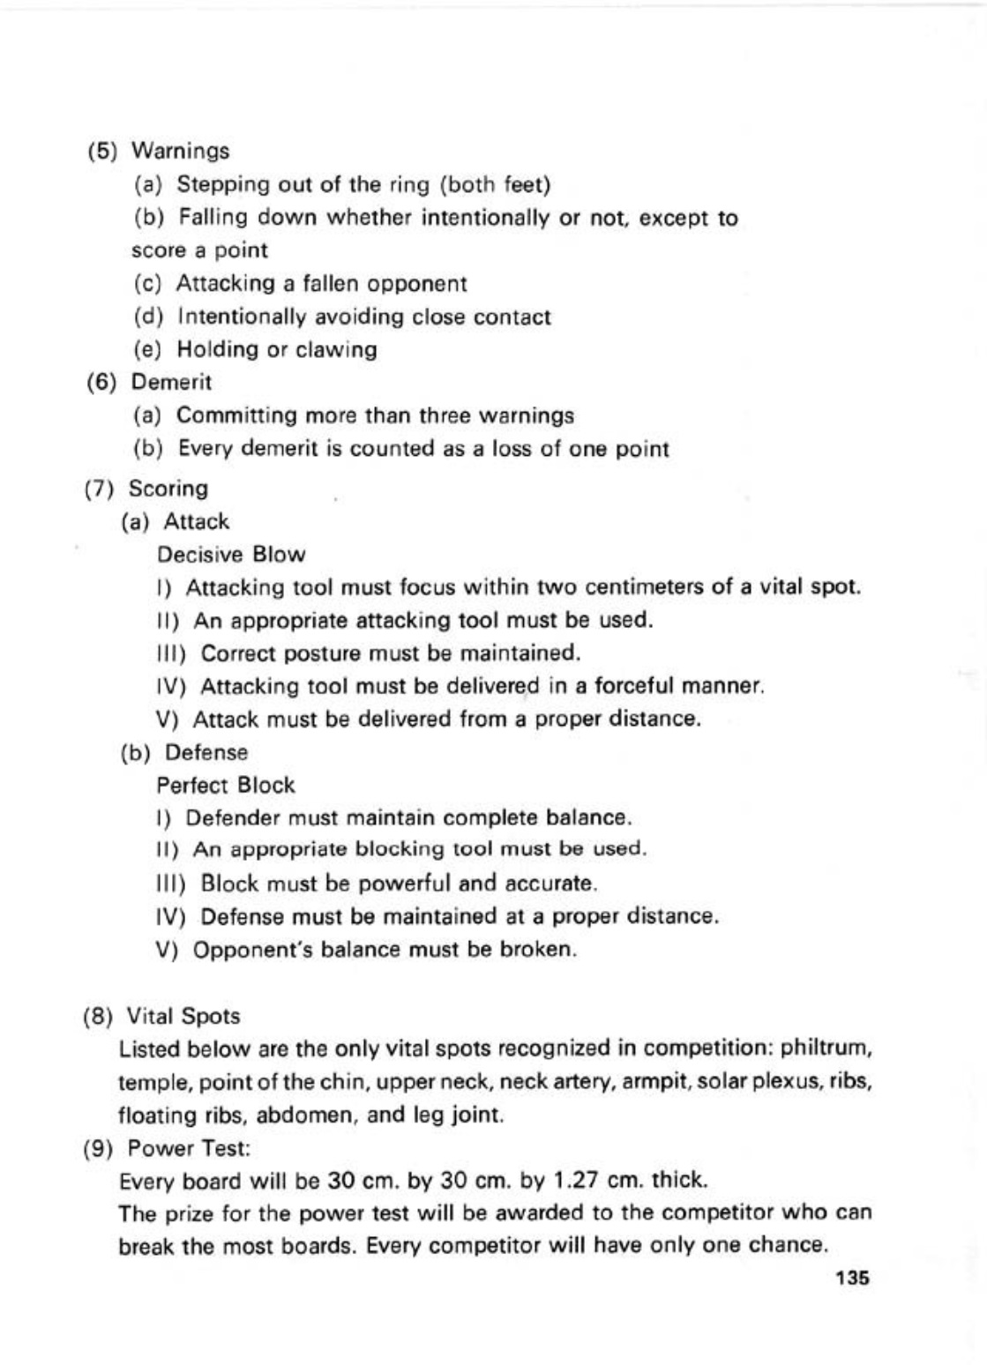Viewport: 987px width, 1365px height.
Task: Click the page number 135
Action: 853,1279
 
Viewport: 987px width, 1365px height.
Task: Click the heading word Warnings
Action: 180,151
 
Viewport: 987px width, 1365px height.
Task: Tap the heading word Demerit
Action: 171,383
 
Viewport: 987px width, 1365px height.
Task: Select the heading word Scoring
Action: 168,489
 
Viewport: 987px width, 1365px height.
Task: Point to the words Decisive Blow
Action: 231,555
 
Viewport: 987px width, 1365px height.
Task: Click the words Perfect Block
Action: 226,785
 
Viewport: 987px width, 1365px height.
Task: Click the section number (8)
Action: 98,1017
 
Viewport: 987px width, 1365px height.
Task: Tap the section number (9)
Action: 98,1149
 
